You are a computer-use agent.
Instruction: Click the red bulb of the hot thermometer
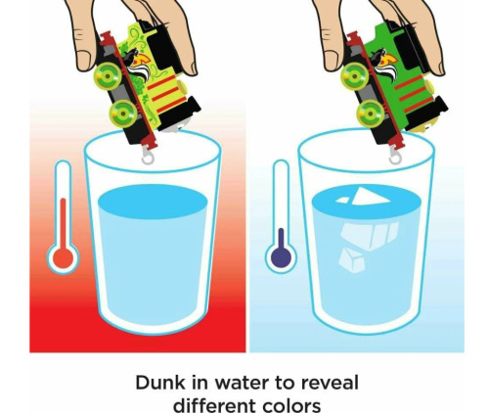[64, 258]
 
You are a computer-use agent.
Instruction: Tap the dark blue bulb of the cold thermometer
[281, 257]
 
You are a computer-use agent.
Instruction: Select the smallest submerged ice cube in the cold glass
[352, 260]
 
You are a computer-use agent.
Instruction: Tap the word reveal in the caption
[330, 383]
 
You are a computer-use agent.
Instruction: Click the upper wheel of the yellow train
[108, 76]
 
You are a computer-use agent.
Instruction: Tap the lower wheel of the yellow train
[123, 114]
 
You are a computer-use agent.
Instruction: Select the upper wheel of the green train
[355, 76]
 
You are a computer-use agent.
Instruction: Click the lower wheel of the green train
[371, 114]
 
